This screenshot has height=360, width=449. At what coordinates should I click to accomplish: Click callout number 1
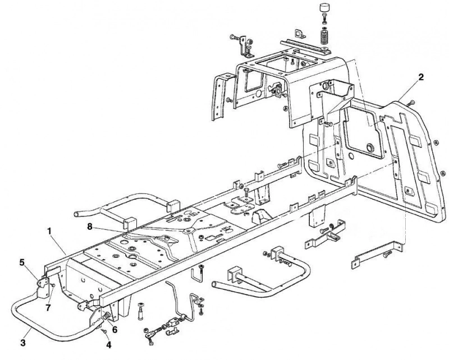(49, 231)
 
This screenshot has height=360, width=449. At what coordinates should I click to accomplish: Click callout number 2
(420, 77)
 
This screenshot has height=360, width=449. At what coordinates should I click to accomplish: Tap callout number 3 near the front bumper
(24, 343)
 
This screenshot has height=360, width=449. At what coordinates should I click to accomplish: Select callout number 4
(109, 345)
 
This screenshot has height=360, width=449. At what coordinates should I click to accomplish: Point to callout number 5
(22, 262)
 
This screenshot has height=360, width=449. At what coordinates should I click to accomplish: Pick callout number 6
(114, 330)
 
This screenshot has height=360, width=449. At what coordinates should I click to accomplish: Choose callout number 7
(48, 308)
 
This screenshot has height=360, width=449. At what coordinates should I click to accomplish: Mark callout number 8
(90, 227)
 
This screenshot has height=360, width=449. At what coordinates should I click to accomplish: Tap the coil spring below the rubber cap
(324, 36)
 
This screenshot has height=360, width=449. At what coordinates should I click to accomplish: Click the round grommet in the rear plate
(370, 148)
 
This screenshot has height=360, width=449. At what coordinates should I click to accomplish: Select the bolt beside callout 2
(411, 103)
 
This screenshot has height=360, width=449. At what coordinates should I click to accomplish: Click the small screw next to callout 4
(104, 330)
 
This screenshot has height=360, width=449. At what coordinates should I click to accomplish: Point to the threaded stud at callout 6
(107, 316)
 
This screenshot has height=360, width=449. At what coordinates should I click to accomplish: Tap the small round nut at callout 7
(53, 285)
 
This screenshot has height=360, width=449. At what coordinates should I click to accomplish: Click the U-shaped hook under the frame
(198, 275)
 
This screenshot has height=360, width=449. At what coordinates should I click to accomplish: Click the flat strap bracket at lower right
(377, 254)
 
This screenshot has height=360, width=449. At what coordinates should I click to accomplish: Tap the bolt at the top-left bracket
(234, 37)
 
